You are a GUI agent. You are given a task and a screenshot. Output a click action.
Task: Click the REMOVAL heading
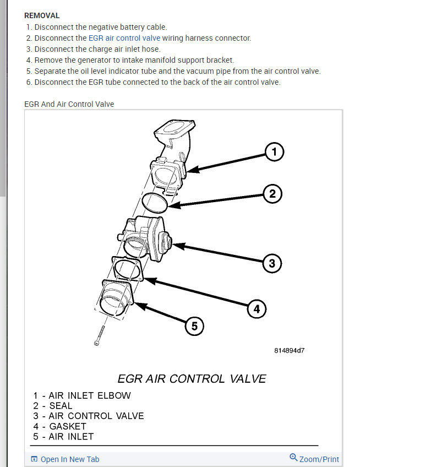(42, 15)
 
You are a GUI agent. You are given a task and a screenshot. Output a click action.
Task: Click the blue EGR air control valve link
(124, 38)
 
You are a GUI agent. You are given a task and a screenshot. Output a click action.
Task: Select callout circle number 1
(274, 151)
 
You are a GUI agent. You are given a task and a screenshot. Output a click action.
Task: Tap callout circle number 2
(272, 194)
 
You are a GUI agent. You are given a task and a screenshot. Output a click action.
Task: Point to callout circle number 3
(271, 263)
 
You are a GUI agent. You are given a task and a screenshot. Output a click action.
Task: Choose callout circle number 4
(256, 309)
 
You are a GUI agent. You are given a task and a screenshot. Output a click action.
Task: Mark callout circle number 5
(194, 327)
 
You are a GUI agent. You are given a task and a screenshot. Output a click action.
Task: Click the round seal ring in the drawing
(155, 202)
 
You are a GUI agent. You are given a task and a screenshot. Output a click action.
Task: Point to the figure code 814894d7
(289, 350)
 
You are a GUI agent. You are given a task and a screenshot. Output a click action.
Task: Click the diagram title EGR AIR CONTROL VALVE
(192, 379)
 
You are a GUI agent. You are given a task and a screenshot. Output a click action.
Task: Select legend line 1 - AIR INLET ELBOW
(82, 395)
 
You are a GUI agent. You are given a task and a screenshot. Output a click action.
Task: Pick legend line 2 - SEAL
(53, 406)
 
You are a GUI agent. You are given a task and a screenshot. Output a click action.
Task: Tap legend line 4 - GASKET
(59, 426)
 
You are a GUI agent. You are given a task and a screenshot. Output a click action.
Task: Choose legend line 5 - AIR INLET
(63, 437)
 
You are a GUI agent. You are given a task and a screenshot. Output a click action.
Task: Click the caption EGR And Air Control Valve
(69, 104)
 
